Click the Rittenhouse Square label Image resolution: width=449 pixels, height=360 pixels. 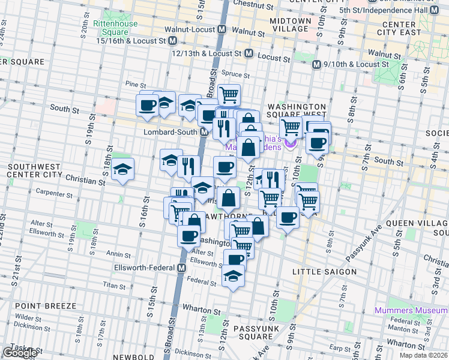[110, 28]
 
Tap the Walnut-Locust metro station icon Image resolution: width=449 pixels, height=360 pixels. [221, 29]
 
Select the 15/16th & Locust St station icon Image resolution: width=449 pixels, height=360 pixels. [173, 41]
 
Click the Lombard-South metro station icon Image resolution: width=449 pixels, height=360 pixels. [204, 132]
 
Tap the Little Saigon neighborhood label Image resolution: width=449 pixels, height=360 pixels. [324, 272]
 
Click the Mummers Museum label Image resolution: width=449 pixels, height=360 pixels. [411, 310]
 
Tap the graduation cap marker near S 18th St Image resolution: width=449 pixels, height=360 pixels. [122, 169]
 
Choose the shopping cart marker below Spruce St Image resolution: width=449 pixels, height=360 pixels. [229, 94]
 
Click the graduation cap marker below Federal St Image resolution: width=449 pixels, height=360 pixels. [234, 277]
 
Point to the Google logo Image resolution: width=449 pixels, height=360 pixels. [19, 353]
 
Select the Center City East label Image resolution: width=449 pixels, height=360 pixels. [403, 28]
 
